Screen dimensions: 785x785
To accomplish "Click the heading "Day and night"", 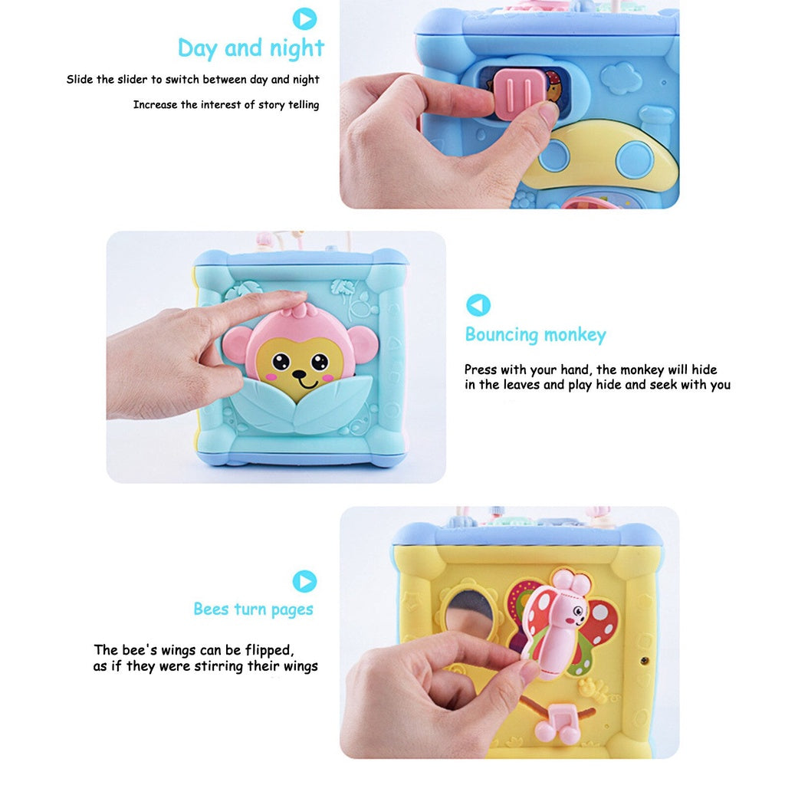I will tap(251, 48).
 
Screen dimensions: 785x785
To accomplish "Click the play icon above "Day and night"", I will tap(304, 18).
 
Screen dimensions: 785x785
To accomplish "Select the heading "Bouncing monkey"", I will tap(535, 335).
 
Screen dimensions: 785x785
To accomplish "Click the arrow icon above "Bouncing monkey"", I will tap(478, 305).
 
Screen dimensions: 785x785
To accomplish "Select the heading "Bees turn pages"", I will tap(253, 609).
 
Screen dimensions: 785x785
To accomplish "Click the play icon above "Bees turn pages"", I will tap(304, 580).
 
